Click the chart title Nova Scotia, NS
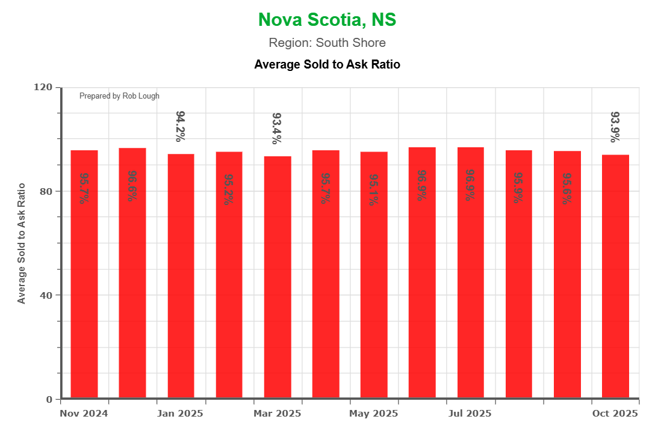click(x=327, y=20)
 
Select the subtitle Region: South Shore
click(x=327, y=43)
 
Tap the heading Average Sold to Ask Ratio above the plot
click(x=327, y=64)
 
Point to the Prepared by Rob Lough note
click(x=119, y=96)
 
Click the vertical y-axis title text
click(x=22, y=243)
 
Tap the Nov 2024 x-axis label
click(x=84, y=414)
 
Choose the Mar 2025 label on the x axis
click(x=277, y=414)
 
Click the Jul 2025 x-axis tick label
click(x=470, y=414)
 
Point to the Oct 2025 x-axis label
click(x=615, y=414)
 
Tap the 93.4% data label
click(x=277, y=128)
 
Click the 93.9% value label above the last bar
click(x=615, y=127)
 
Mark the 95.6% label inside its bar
click(x=566, y=188)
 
